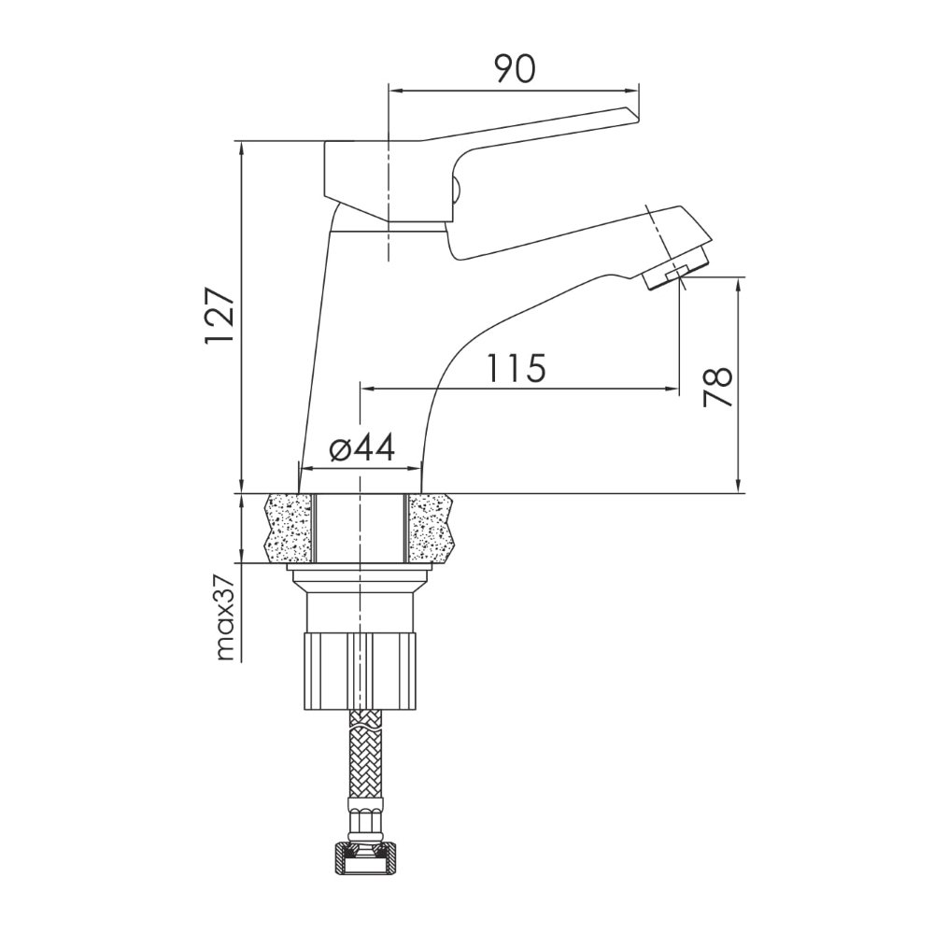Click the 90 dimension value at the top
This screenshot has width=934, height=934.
point(516,68)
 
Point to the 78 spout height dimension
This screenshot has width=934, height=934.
point(716,387)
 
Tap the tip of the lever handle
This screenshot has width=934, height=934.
point(635,115)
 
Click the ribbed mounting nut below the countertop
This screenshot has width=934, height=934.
point(361,672)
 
